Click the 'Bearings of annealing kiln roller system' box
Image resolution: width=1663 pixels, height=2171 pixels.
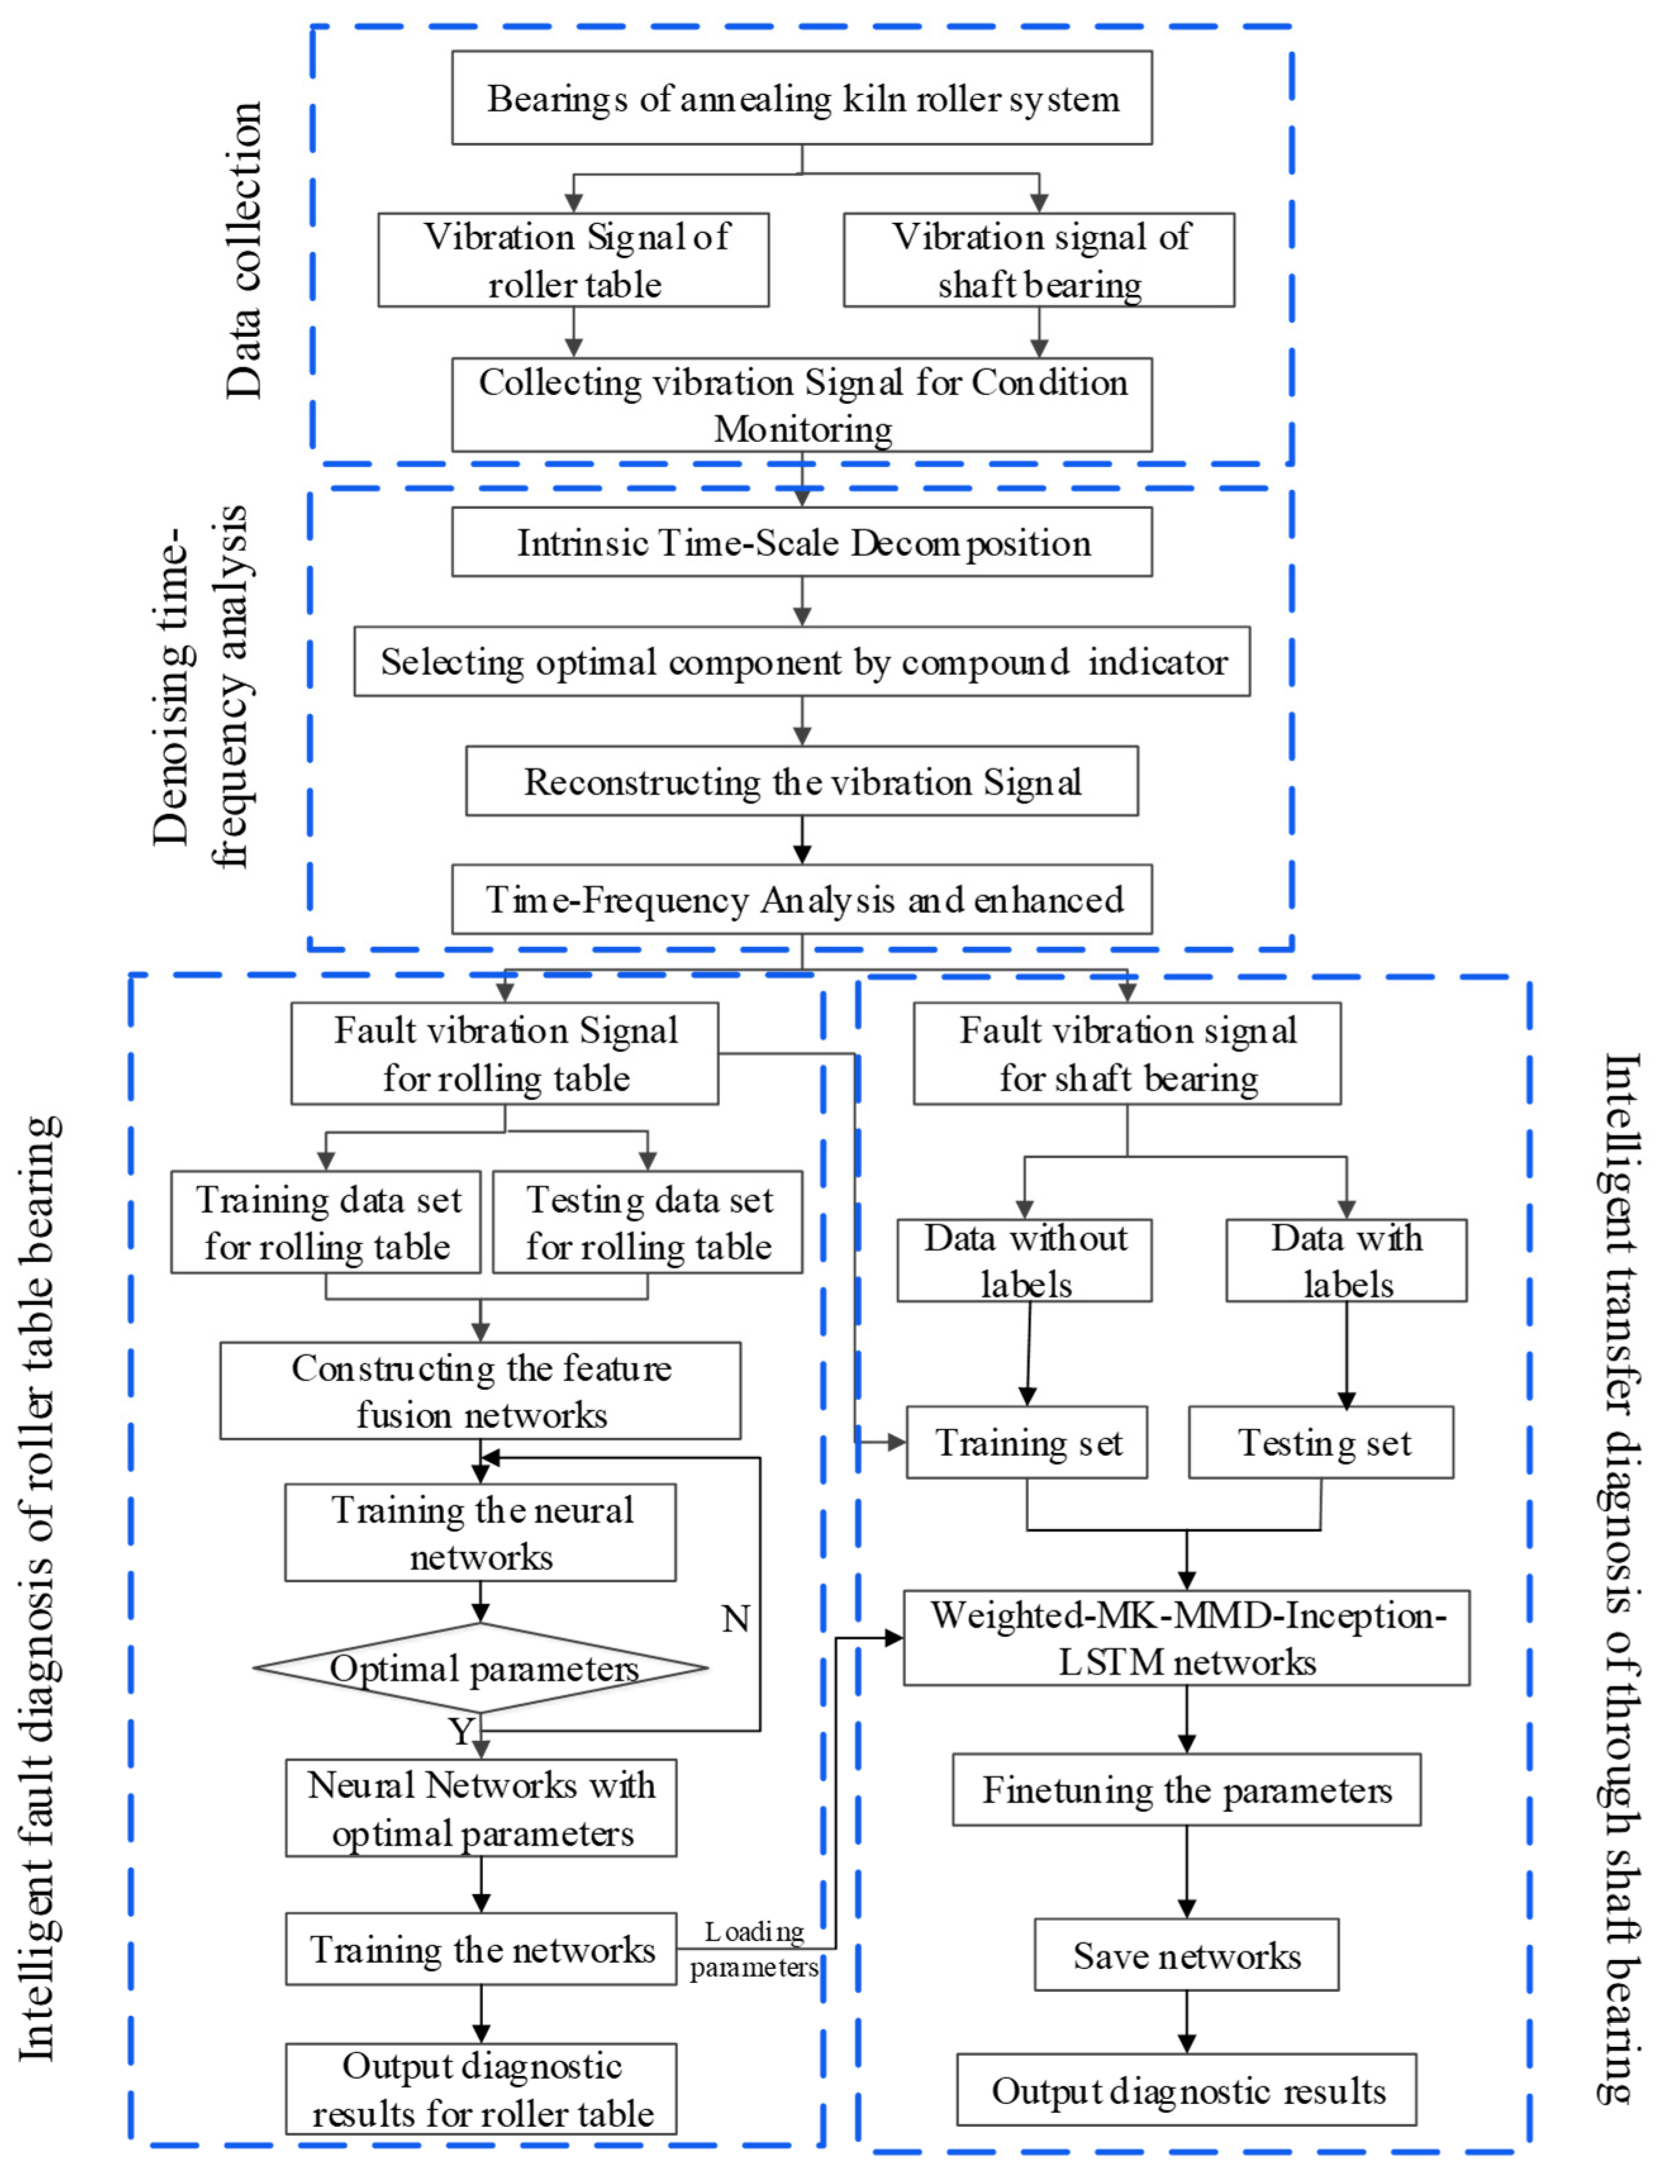pyautogui.click(x=802, y=98)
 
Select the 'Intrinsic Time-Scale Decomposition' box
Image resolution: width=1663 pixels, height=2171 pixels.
pyautogui.click(x=802, y=543)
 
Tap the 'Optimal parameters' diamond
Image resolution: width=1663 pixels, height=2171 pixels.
pyautogui.click(x=481, y=1668)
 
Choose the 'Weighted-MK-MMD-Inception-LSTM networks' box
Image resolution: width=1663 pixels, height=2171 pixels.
pyautogui.click(x=1186, y=1639)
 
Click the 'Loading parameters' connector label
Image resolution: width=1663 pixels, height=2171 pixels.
pyautogui.click(x=755, y=1949)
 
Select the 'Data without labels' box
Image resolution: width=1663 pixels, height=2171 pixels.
pyautogui.click(x=1024, y=1260)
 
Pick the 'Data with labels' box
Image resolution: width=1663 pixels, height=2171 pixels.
pyautogui.click(x=1346, y=1260)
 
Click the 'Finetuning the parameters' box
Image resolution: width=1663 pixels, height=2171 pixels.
pyautogui.click(x=1186, y=1790)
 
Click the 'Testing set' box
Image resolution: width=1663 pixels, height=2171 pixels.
pyautogui.click(x=1321, y=1442)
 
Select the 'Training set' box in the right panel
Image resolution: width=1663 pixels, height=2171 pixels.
pyautogui.click(x=1027, y=1442)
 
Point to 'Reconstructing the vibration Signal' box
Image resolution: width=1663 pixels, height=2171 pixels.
pyautogui.click(x=802, y=781)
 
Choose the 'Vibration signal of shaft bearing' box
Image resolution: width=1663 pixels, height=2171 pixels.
pyautogui.click(x=1038, y=260)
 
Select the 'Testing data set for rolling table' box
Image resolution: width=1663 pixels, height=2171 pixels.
pyautogui.click(x=648, y=1223)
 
